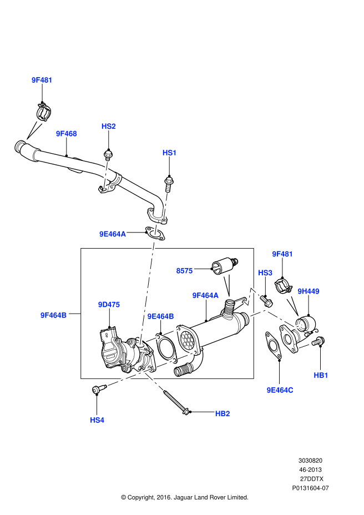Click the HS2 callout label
pyautogui.click(x=108, y=127)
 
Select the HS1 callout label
pyautogui.click(x=169, y=152)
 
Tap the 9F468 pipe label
pyautogui.click(x=66, y=134)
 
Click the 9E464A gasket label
pyautogui.click(x=113, y=234)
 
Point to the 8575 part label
pyautogui.click(x=184, y=271)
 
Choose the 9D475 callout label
pyautogui.click(x=109, y=305)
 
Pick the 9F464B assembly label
pyautogui.click(x=53, y=315)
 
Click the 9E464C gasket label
pyautogui.click(x=280, y=390)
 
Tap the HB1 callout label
pyautogui.click(x=321, y=376)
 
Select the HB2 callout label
pyautogui.click(x=223, y=413)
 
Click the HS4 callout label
pyautogui.click(x=97, y=420)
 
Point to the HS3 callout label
pyautogui.click(x=265, y=273)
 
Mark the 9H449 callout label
pyautogui.click(x=309, y=291)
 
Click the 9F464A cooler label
pyautogui.click(x=205, y=295)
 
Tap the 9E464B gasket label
pyautogui.click(x=160, y=316)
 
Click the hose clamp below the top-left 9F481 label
pyautogui.click(x=44, y=113)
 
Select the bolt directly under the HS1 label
pyautogui.click(x=168, y=181)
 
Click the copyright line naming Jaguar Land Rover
pyautogui.click(x=184, y=497)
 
